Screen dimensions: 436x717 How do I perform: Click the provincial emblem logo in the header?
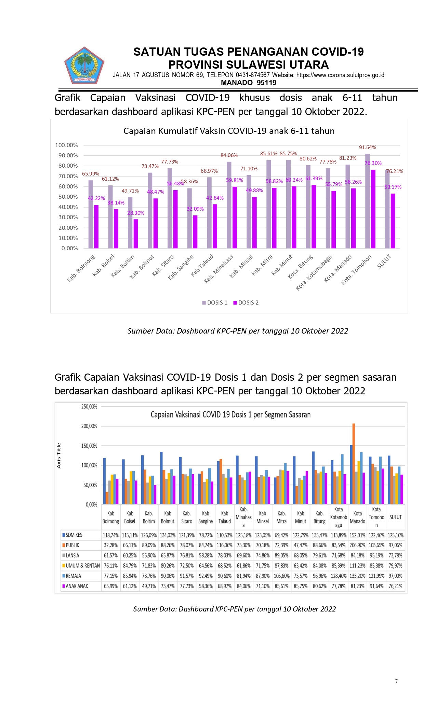(84, 66)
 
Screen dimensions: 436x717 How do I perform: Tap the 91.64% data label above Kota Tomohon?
(367, 147)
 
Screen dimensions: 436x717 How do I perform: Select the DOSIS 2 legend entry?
(246, 303)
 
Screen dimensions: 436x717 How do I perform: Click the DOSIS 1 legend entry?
(215, 303)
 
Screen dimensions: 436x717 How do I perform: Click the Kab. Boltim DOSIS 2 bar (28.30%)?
(136, 234)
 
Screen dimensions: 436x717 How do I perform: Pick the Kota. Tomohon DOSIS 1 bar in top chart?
(367, 201)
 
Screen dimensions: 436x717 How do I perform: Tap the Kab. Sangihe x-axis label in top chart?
(181, 267)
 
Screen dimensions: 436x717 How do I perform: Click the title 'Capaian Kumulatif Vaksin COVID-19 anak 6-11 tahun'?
(229, 131)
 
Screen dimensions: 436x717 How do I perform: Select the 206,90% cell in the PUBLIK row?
(357, 545)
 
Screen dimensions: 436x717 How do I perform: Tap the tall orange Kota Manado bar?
(354, 464)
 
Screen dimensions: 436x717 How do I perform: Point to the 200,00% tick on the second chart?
(89, 426)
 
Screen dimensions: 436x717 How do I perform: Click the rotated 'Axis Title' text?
(59, 455)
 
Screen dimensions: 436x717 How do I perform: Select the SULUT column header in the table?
(395, 517)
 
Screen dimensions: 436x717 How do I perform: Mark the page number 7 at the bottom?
(396, 681)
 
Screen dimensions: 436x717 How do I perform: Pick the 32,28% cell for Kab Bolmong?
(111, 545)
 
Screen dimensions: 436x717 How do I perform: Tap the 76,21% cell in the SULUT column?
(395, 586)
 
